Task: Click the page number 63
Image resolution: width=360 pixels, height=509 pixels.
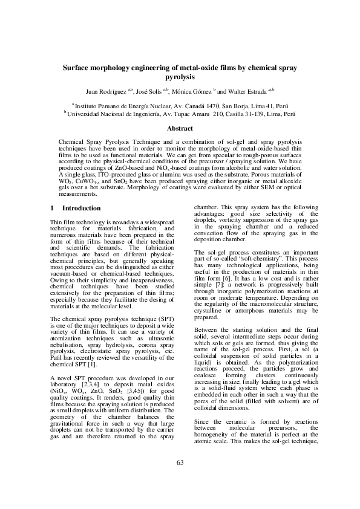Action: coord(180,463)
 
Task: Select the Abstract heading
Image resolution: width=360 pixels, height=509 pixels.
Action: coord(180,128)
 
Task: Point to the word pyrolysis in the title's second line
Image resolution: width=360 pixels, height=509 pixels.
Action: coord(180,77)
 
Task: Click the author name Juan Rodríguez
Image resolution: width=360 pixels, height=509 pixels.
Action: coord(106,92)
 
